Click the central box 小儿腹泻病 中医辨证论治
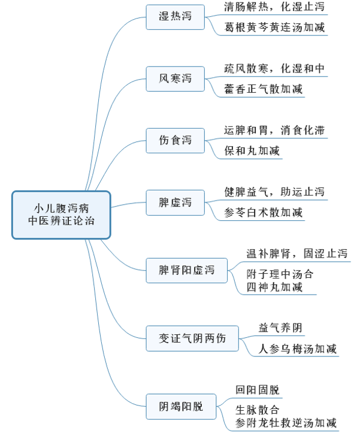pyautogui.click(x=62, y=214)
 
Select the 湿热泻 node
pyautogui.click(x=175, y=16)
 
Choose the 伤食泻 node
pyautogui.click(x=175, y=140)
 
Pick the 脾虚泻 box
pyautogui.click(x=175, y=202)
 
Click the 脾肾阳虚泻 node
pyautogui.click(x=186, y=271)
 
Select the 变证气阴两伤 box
pyautogui.click(x=192, y=338)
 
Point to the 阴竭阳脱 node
pyautogui.click(x=180, y=407)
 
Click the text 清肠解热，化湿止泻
pyautogui.click(x=274, y=8)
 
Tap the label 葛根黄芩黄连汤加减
pyautogui.click(x=274, y=28)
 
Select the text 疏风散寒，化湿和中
pyautogui.click(x=274, y=69)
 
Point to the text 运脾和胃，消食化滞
pyautogui.click(x=274, y=130)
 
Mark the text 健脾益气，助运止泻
pyautogui.click(x=274, y=192)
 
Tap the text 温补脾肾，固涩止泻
pyautogui.click(x=297, y=253)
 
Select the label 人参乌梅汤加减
pyautogui.click(x=297, y=349)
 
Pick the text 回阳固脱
pyautogui.click(x=257, y=389)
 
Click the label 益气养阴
pyautogui.click(x=280, y=328)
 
